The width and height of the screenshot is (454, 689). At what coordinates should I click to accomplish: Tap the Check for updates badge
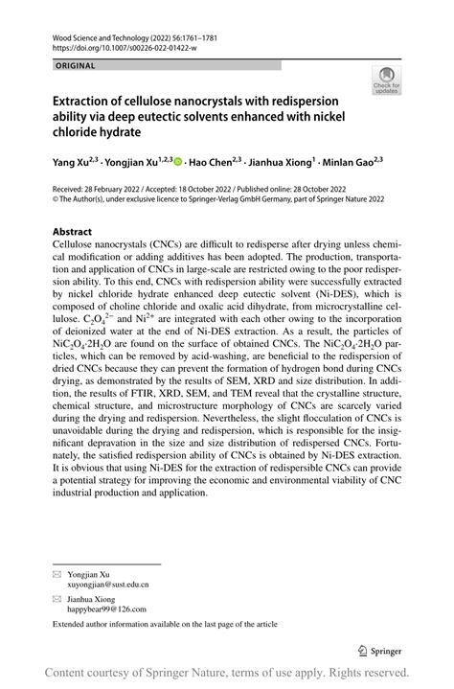387,80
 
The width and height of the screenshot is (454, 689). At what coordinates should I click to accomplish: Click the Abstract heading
73,231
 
